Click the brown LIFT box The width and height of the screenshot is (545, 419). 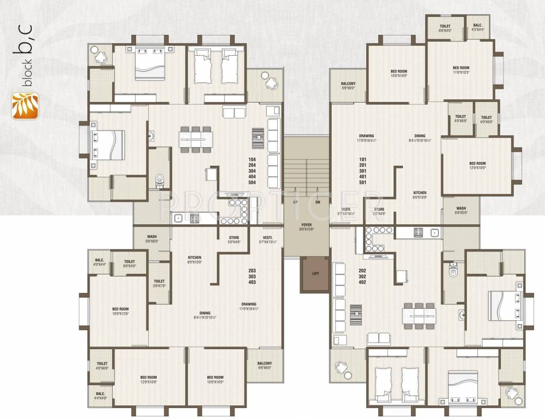[x=315, y=274]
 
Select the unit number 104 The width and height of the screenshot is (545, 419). [x=253, y=159]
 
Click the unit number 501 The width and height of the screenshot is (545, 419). [x=362, y=182]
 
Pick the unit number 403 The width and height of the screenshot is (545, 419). [x=251, y=282]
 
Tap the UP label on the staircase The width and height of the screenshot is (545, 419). [x=296, y=202]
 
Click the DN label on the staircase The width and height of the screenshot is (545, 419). [x=318, y=202]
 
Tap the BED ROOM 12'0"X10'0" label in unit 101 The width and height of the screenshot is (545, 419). [x=477, y=165]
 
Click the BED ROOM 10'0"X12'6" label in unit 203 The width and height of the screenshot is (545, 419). [x=120, y=310]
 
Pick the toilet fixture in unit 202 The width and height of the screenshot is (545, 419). [x=452, y=270]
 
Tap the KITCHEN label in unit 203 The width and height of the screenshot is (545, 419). [x=195, y=259]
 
